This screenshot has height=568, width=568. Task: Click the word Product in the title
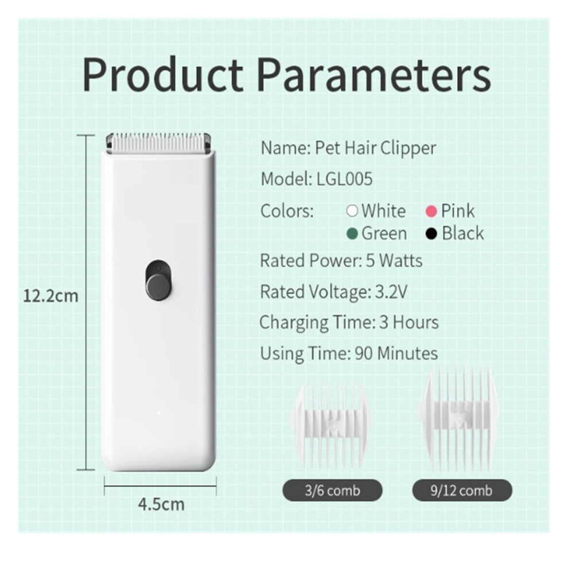coord(163,75)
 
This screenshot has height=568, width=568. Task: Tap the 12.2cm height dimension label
coord(50,296)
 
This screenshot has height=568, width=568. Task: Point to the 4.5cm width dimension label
coord(161,504)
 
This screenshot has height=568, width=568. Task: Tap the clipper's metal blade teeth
coord(159,142)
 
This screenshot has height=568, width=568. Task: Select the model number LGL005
coord(344,179)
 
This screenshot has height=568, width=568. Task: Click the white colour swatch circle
coord(352,211)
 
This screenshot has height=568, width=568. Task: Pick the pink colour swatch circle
coord(431,211)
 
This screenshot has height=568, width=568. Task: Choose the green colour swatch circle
coord(352,234)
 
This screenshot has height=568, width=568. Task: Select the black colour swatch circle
coord(431,234)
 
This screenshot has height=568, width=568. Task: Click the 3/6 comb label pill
coord(332,490)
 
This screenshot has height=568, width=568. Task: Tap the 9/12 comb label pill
coord(462,490)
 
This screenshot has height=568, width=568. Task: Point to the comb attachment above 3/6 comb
coord(330,425)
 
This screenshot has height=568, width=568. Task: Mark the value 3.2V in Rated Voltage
coord(391,291)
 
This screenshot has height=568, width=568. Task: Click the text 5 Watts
coord(394,260)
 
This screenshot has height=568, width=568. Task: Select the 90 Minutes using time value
coord(396,353)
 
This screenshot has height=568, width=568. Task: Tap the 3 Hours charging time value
coord(409,322)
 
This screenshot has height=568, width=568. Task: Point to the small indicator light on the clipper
coord(159,413)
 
